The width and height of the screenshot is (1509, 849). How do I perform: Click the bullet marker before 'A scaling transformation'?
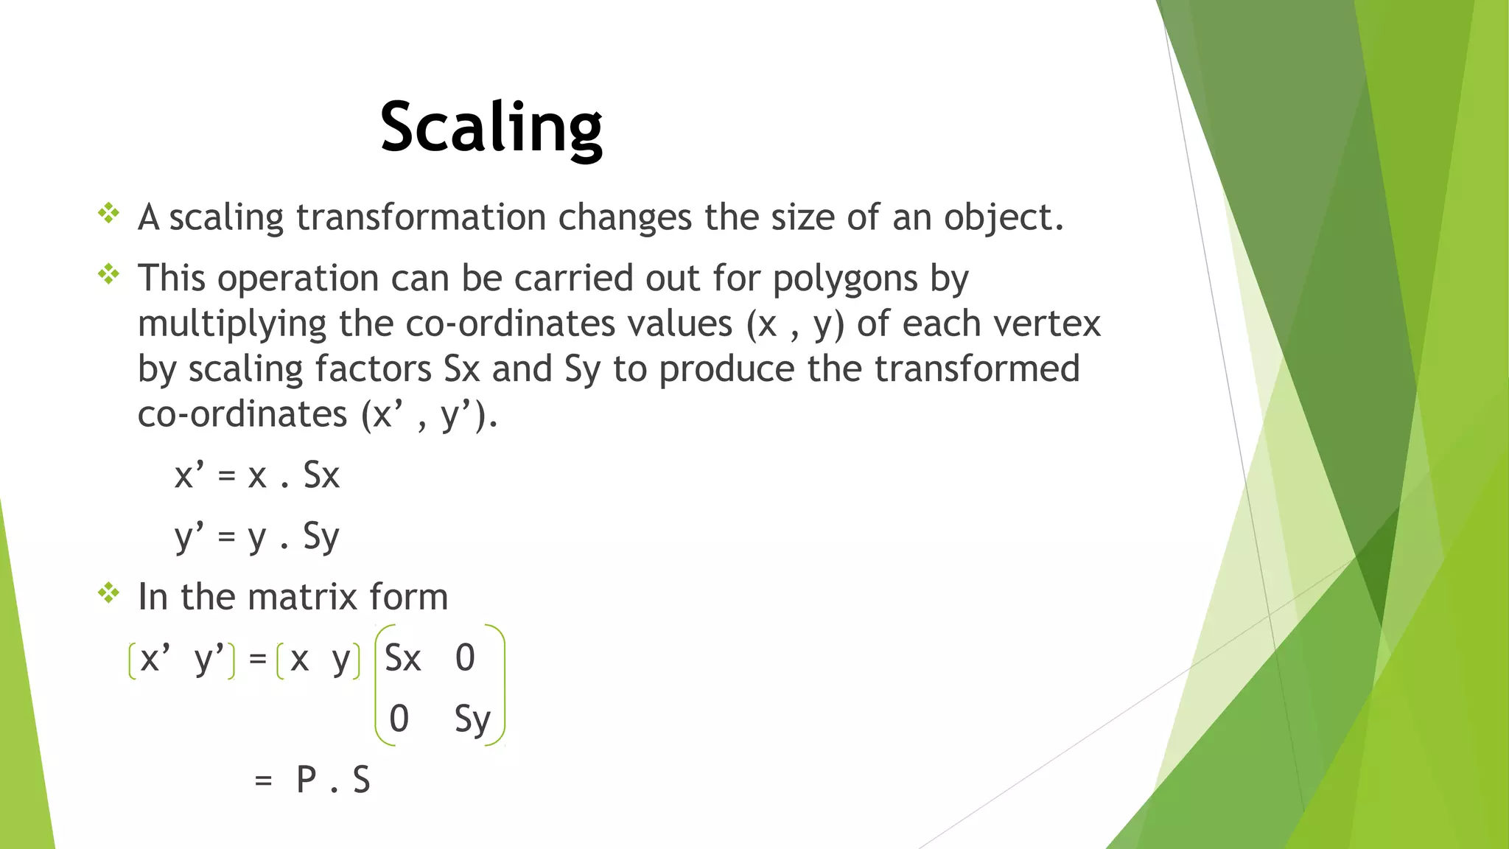109,214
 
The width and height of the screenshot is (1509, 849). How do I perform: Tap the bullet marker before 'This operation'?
109,275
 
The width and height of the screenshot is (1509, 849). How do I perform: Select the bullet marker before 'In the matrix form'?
109,593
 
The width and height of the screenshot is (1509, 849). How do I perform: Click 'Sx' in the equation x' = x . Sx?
321,475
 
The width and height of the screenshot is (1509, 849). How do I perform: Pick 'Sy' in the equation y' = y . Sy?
321,537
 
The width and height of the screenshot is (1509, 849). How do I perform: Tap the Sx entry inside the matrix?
403,658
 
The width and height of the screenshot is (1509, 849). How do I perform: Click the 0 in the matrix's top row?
465,658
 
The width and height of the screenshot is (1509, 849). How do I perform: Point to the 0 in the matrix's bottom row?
399,719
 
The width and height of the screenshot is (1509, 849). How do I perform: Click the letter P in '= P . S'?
307,780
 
